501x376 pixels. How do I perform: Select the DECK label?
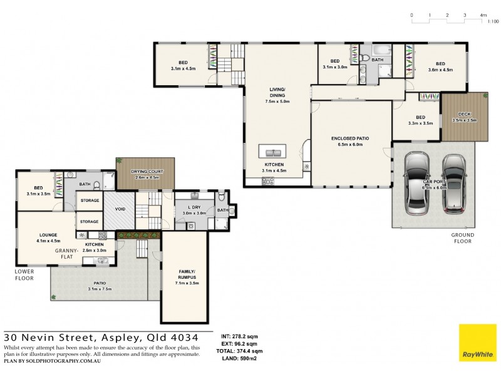(464, 114)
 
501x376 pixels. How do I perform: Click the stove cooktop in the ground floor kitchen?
(268, 181)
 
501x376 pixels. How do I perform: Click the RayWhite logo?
(477, 344)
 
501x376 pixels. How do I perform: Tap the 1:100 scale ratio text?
(493, 22)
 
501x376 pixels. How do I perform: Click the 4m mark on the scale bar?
(483, 14)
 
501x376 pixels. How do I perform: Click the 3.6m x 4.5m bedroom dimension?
(440, 70)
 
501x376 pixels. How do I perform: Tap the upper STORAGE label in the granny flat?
(89, 201)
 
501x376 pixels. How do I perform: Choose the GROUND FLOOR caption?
(463, 239)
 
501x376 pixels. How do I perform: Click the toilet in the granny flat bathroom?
(96, 185)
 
